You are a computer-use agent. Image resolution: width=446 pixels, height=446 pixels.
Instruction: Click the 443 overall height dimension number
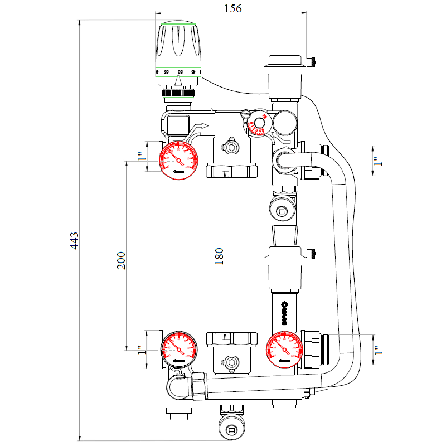pyautogui.click(x=75, y=240)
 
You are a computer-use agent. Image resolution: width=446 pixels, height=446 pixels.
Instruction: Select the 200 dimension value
pyautogui.click(x=122, y=260)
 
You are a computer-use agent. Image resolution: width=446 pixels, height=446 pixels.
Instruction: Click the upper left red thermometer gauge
pyautogui.click(x=178, y=161)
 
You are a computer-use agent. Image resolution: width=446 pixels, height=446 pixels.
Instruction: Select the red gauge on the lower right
pyautogui.click(x=284, y=350)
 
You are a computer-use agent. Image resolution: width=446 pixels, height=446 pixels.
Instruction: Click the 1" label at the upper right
pyautogui.click(x=377, y=161)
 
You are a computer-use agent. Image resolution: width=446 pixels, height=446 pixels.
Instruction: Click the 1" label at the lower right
pyautogui.click(x=377, y=350)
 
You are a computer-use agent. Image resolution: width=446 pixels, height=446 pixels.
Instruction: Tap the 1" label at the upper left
pyautogui.click(x=142, y=157)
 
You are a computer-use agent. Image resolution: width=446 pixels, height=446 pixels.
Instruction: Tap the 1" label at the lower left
pyautogui.click(x=142, y=350)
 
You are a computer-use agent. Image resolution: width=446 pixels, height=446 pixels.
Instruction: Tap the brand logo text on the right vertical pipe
pyautogui.click(x=284, y=312)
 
